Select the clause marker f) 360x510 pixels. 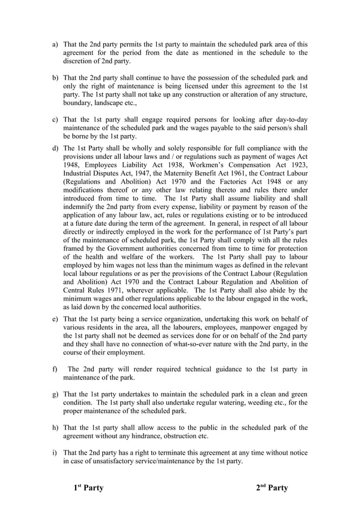[x=55, y=369]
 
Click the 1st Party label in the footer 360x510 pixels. [x=89, y=487]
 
